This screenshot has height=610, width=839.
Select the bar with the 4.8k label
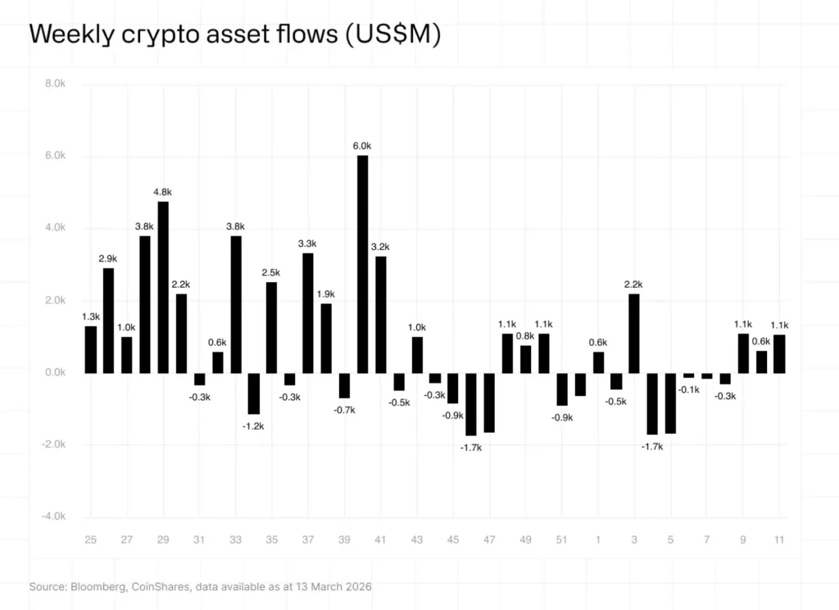(x=163, y=287)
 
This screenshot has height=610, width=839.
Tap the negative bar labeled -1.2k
(x=254, y=394)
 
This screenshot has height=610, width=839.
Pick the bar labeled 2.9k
(x=109, y=321)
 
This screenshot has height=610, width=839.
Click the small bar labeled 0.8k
(x=525, y=359)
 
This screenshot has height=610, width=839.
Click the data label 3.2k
(x=380, y=247)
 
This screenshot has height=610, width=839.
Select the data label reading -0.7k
(x=344, y=410)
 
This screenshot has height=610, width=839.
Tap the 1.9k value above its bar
(x=326, y=294)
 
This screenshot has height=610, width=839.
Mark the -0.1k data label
(x=689, y=389)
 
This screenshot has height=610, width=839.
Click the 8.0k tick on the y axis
(x=54, y=84)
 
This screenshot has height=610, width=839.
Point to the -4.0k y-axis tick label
(x=52, y=517)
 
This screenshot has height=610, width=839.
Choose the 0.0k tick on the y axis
(x=54, y=372)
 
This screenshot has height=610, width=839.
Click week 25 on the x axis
(x=90, y=539)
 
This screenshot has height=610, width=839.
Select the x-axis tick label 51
(x=562, y=539)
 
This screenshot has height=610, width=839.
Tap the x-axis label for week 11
(x=779, y=539)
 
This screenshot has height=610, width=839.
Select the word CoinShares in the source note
(x=164, y=587)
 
